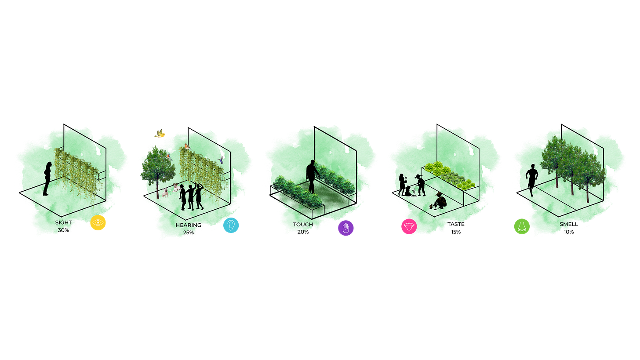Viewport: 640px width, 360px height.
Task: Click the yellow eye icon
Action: [x=98, y=223]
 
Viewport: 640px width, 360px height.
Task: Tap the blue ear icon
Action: [x=231, y=225]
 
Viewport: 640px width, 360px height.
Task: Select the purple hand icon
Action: [x=345, y=228]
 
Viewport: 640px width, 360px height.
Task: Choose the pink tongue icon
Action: [x=408, y=227]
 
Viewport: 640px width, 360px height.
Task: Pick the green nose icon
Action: [x=522, y=226]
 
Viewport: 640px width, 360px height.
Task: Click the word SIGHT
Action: [x=64, y=222]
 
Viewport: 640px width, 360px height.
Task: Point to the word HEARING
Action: [x=188, y=225]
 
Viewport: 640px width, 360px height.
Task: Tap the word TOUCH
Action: [x=303, y=225]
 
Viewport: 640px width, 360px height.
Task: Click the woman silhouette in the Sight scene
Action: [x=47, y=178]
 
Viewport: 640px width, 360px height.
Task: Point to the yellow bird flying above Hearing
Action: [x=159, y=134]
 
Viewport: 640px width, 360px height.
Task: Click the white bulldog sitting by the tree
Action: [x=165, y=192]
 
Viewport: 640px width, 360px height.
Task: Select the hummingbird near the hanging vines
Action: [x=222, y=158]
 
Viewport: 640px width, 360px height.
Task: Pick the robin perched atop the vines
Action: [x=187, y=146]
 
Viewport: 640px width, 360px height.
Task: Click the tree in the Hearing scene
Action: [x=157, y=169]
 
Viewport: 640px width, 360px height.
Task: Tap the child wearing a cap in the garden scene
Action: [x=420, y=185]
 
